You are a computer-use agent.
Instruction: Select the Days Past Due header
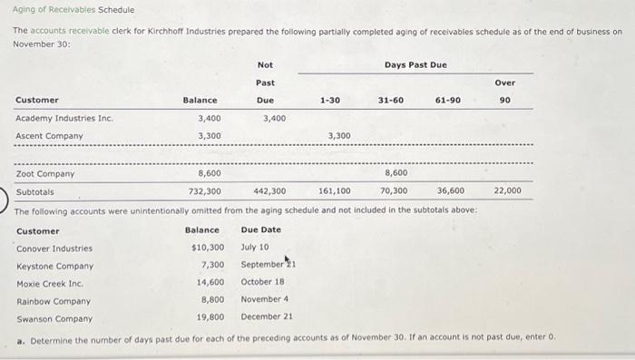pos(415,64)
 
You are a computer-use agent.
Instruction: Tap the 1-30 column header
pos(330,100)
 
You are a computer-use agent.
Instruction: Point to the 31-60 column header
pos(391,100)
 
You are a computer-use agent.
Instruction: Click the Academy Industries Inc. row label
pos(64,118)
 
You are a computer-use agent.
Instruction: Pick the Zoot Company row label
pos(45,173)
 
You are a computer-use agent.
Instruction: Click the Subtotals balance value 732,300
pos(205,191)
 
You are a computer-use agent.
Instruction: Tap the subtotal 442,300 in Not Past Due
pos(269,191)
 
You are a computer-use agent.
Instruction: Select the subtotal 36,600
pos(451,191)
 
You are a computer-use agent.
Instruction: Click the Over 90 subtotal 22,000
pos(507,191)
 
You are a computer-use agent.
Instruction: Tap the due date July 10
pos(255,248)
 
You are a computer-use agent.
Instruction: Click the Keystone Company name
pos(54,266)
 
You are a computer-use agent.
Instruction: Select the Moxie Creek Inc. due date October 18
pos(261,283)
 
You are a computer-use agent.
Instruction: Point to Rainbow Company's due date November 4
pos(264,300)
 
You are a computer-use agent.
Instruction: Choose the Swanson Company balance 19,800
pos(210,318)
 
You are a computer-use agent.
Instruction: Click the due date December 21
pos(267,318)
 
